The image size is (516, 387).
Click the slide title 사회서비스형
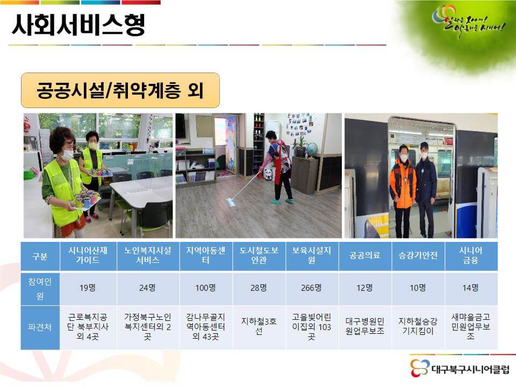(x=78, y=24)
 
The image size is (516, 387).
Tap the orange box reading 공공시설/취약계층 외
(x=120, y=90)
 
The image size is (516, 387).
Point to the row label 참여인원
(x=40, y=288)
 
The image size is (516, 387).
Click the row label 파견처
(x=40, y=327)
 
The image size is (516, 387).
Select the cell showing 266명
(x=312, y=288)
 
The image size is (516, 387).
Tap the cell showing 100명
(x=205, y=288)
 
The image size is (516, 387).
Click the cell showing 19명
(x=88, y=288)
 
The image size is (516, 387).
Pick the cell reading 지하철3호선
(x=259, y=327)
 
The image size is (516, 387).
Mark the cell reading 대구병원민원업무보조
(x=365, y=327)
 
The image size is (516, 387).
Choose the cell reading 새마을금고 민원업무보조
(x=471, y=327)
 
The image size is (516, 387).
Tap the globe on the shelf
(x=312, y=147)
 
